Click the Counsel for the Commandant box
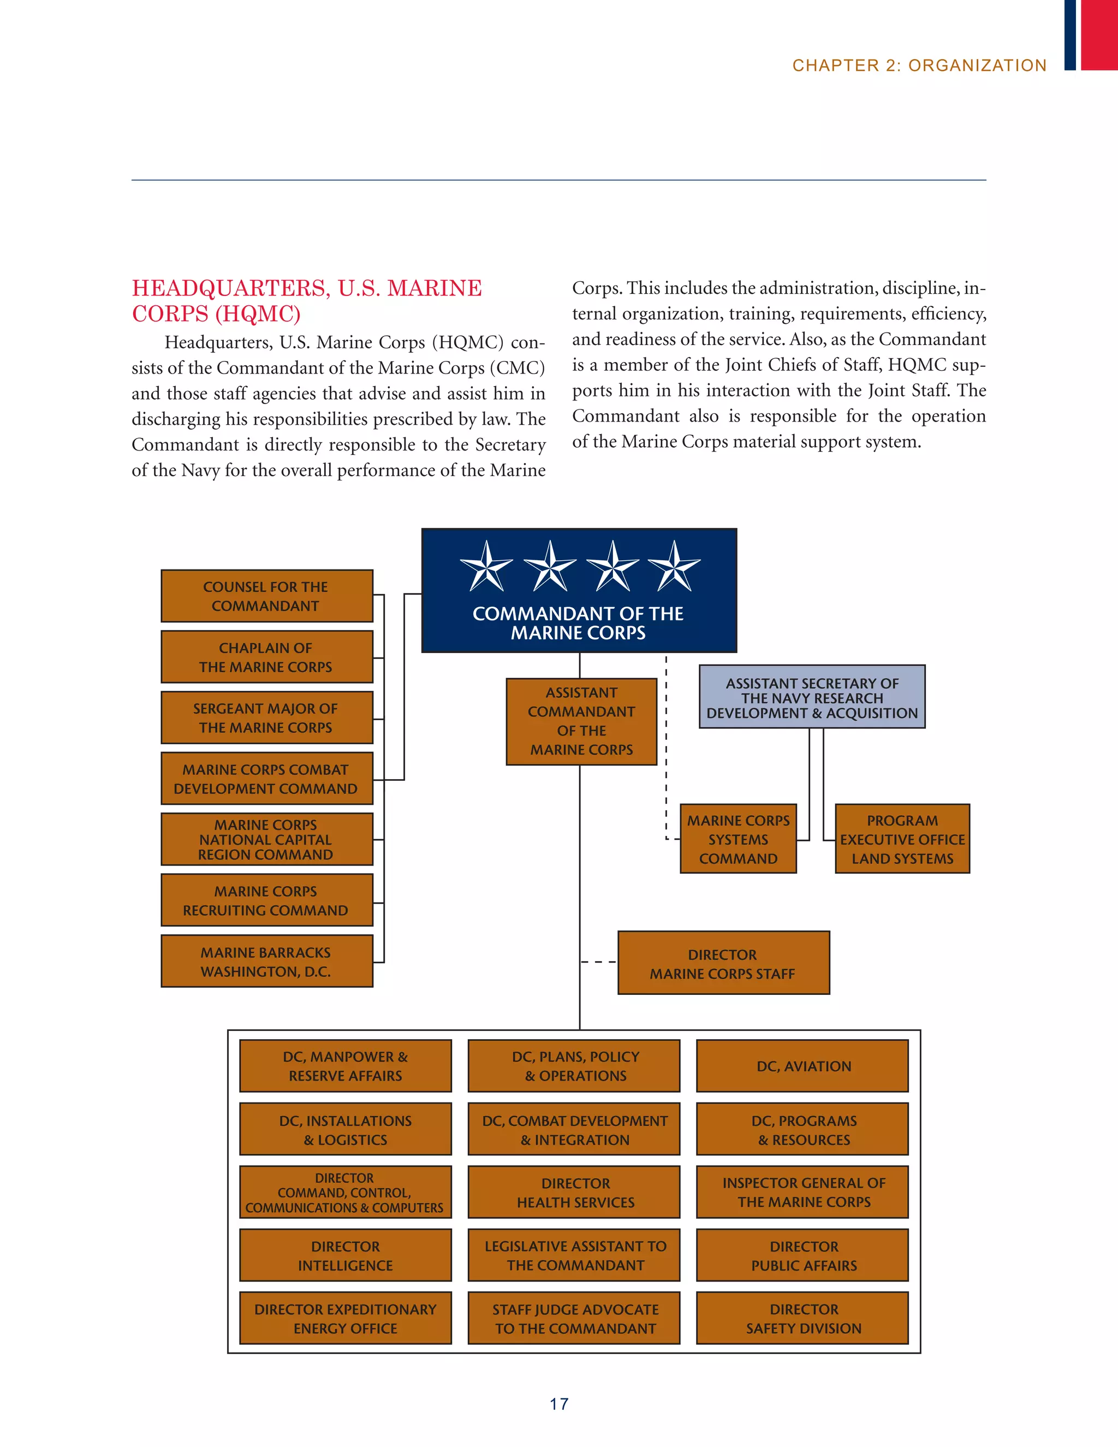[266, 596]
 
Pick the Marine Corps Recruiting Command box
[266, 900]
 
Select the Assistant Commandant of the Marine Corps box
[581, 721]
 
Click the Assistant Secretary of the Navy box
[812, 697]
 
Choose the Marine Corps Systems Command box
[738, 839]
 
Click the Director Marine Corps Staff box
[723, 963]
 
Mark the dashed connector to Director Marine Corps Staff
[599, 962]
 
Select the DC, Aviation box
[802, 1065]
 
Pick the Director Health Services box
[574, 1192]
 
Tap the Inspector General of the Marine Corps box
[802, 1192]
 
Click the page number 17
[558, 1403]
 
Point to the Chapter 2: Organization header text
[919, 66]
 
